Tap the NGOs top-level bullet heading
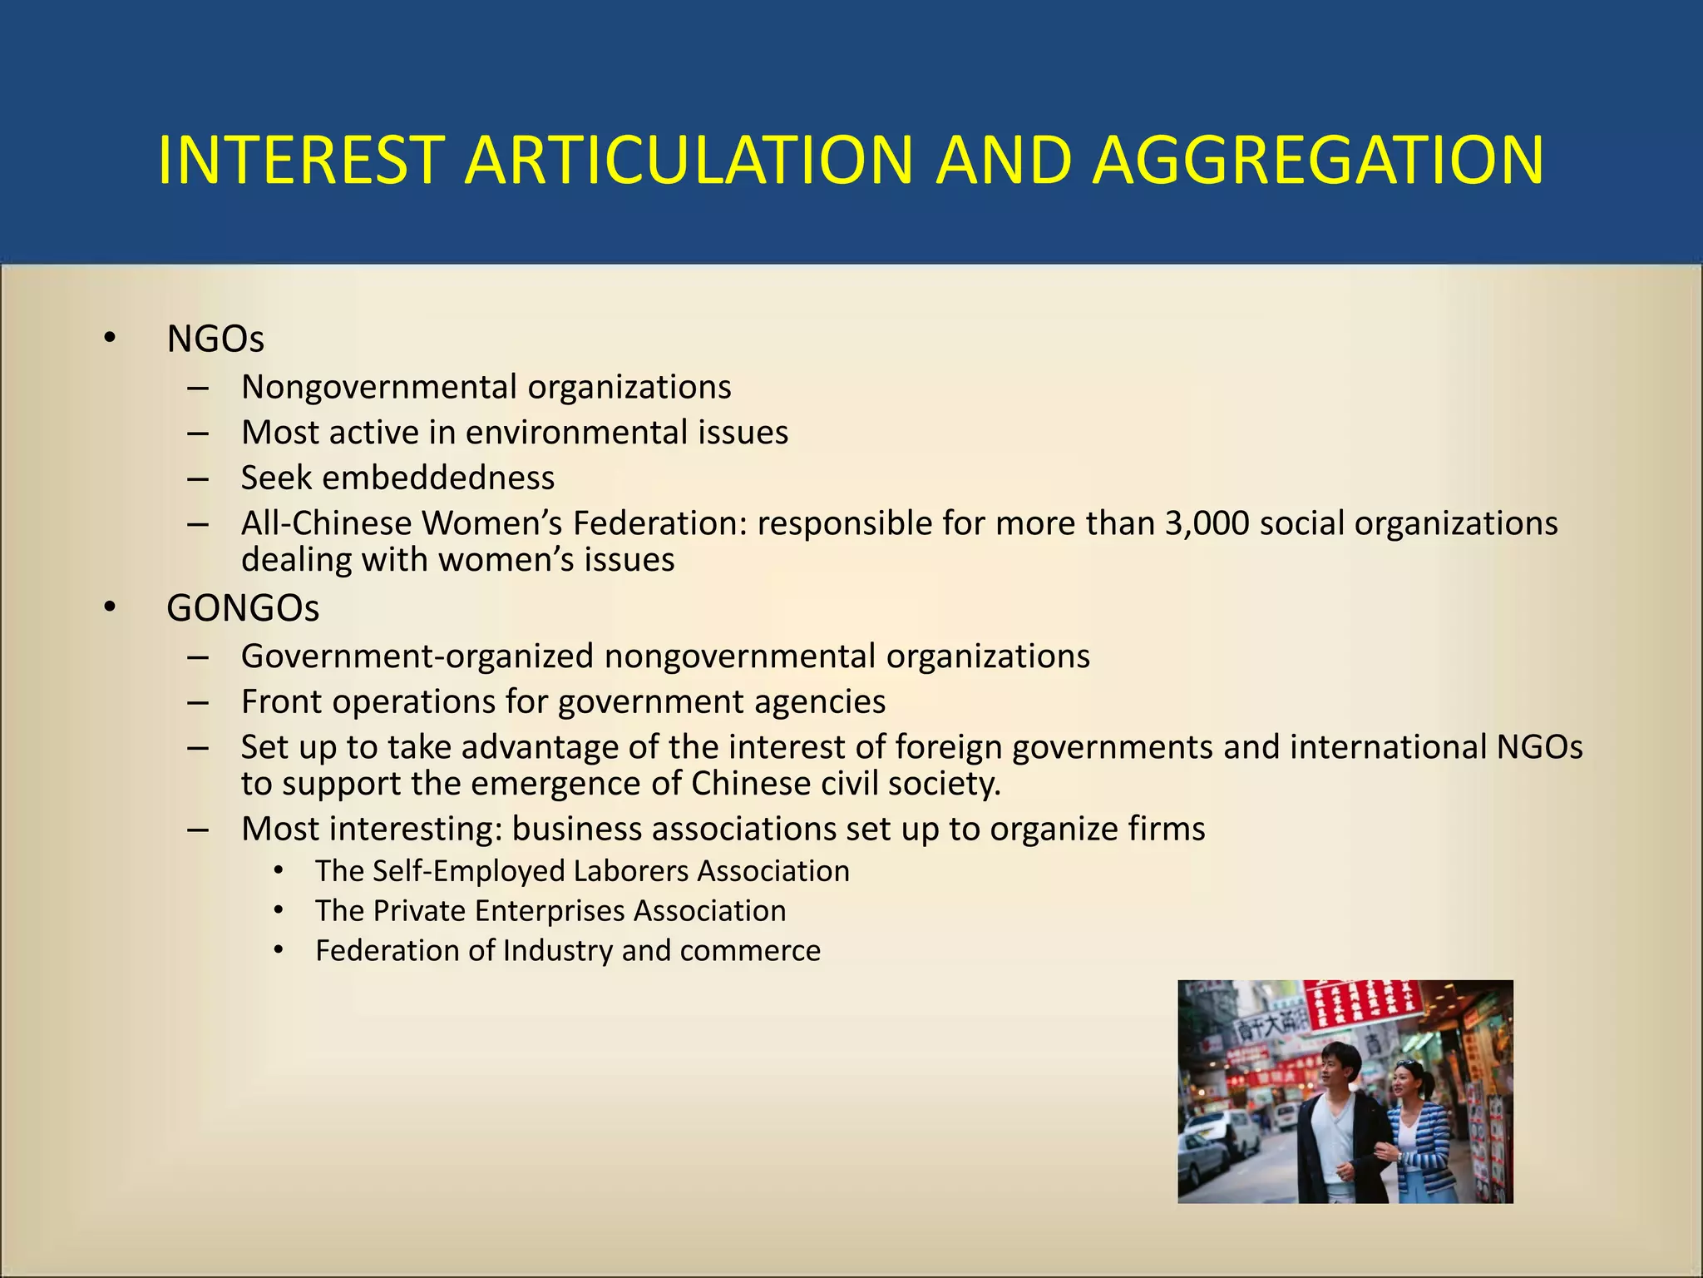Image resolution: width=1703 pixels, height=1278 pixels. click(215, 339)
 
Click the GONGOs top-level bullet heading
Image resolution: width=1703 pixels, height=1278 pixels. click(242, 608)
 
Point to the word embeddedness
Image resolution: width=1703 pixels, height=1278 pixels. click(438, 478)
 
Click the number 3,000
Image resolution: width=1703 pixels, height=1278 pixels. click(1207, 523)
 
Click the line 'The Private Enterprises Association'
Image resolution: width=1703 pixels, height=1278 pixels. click(550, 911)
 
